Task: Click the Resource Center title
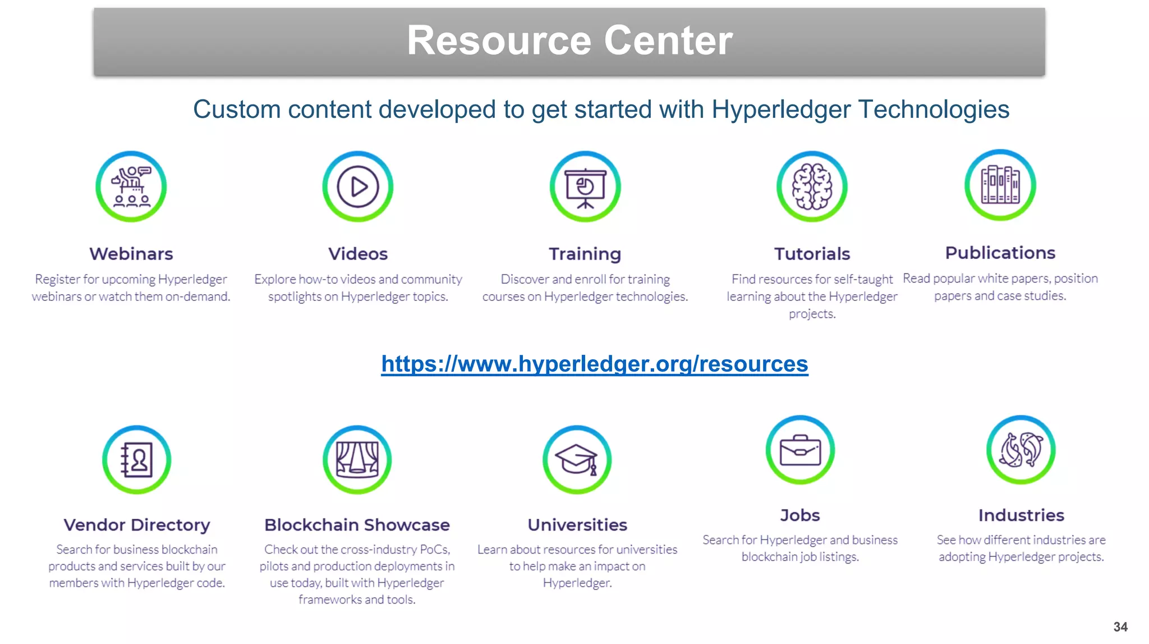569,40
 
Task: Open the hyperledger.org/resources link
594,364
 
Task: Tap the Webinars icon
131,186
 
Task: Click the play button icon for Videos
358,186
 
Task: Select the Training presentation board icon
585,186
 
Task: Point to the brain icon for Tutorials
812,186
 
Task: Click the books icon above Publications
1000,185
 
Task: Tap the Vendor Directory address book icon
136,459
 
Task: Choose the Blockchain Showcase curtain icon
357,459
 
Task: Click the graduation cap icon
577,459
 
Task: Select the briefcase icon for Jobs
800,450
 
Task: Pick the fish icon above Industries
1021,450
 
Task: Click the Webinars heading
131,254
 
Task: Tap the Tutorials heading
812,254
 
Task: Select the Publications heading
1000,253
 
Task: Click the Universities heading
577,525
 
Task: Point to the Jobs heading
800,515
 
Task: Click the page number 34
1120,627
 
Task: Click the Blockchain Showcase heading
357,525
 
